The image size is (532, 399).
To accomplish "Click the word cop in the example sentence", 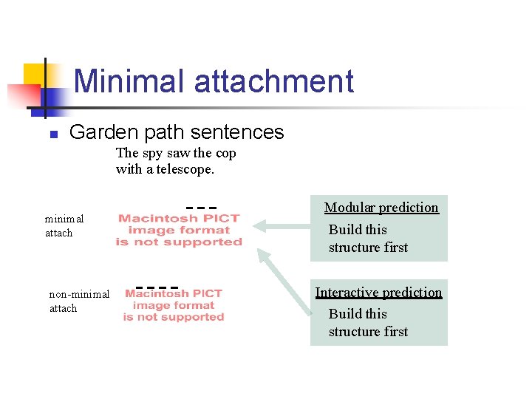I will click(x=225, y=153).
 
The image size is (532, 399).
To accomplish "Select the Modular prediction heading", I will click(x=381, y=208).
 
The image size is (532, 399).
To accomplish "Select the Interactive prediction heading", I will click(x=378, y=292).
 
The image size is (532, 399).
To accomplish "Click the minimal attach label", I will click(x=64, y=225).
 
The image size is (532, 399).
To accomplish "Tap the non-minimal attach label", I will click(x=78, y=301).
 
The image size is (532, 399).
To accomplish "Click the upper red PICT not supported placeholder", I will click(x=179, y=230).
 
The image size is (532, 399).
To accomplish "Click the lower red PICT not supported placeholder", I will click(x=174, y=305).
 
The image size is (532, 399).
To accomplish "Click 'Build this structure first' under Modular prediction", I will click(x=368, y=239).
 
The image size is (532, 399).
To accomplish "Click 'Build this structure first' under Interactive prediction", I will click(x=368, y=323).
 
